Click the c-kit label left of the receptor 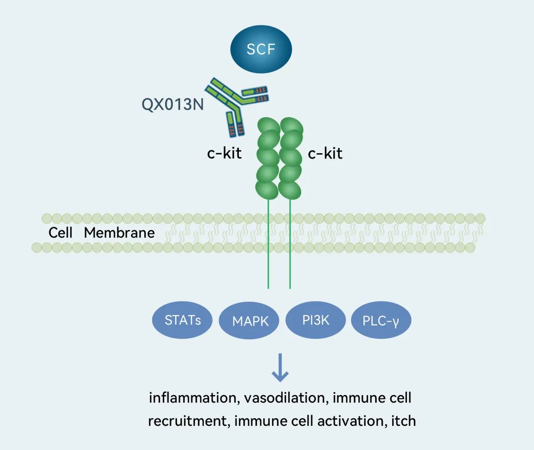tap(224, 153)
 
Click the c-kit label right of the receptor tap(325, 153)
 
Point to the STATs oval tap(182, 320)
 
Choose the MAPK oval tap(250, 322)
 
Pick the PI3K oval tap(316, 320)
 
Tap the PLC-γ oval tap(381, 321)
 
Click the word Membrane tap(119, 233)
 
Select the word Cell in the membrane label tap(60, 233)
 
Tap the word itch tap(403, 421)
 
